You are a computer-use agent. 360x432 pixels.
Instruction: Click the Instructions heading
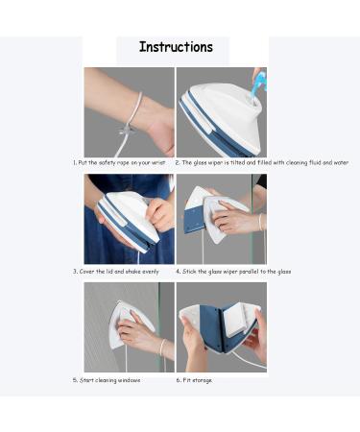pyautogui.click(x=176, y=47)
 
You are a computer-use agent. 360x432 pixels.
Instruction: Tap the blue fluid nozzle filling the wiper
pyautogui.click(x=256, y=87)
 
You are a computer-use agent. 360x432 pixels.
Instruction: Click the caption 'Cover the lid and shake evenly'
pyautogui.click(x=119, y=272)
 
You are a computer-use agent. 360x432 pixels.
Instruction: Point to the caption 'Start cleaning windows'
pyautogui.click(x=108, y=380)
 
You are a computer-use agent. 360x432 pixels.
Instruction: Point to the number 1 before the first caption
pyautogui.click(x=75, y=163)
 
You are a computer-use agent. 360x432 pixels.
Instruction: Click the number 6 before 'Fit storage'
pyautogui.click(x=178, y=380)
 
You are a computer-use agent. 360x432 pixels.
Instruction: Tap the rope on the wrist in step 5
pyautogui.click(x=161, y=348)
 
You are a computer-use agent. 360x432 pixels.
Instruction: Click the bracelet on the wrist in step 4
pyautogui.click(x=260, y=222)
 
